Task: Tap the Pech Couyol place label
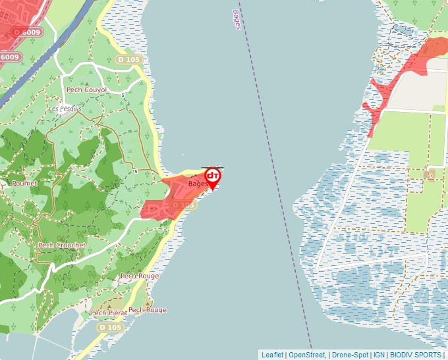(87, 90)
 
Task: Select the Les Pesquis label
(65, 109)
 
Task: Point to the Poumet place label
(24, 184)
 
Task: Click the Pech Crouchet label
(62, 245)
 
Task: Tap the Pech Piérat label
(109, 313)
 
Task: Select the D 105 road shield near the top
(128, 60)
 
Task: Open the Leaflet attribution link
(272, 355)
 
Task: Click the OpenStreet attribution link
(306, 355)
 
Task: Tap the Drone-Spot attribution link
(350, 355)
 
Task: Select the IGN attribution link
(379, 355)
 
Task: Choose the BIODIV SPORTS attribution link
(416, 355)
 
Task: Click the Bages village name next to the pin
(198, 184)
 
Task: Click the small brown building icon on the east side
(431, 174)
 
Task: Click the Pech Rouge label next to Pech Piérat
(148, 310)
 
